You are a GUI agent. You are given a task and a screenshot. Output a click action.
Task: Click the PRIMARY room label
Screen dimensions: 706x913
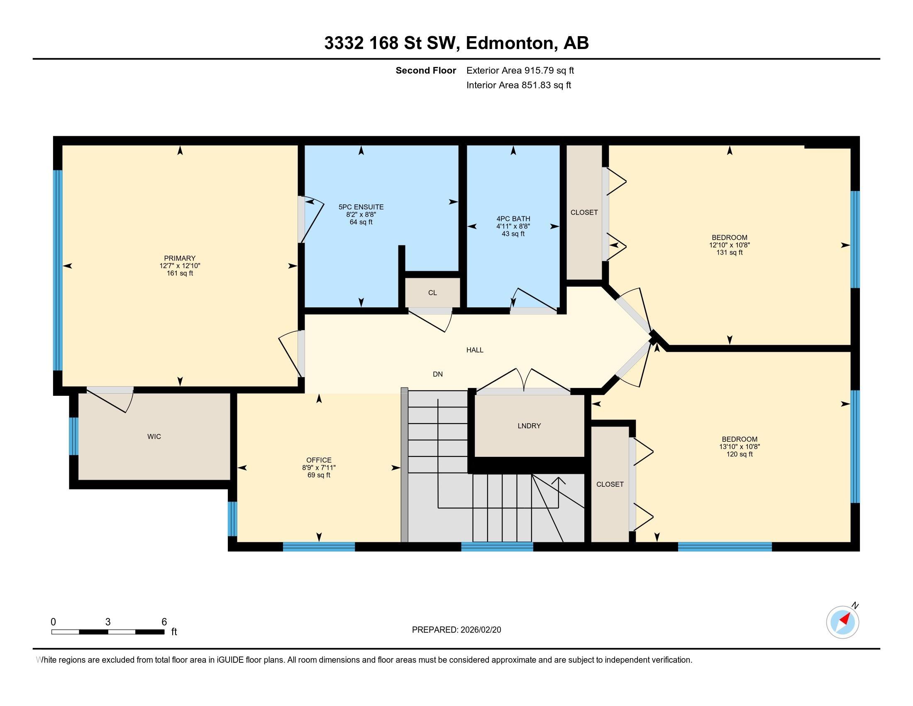[x=180, y=258]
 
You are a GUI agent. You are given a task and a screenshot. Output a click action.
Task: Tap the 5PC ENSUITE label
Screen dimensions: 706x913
[x=361, y=207]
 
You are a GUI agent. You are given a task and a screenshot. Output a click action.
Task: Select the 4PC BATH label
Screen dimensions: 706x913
[x=513, y=219]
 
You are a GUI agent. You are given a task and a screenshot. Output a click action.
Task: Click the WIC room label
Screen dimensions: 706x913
[x=154, y=436]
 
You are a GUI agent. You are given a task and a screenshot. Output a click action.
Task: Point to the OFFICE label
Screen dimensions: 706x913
[x=319, y=460]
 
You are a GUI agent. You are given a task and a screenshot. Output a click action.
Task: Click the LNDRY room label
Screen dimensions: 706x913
[x=529, y=426]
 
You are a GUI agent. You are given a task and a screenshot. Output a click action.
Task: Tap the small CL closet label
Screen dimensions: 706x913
[x=432, y=293]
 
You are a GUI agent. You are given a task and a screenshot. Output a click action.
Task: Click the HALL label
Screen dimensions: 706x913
[x=474, y=350]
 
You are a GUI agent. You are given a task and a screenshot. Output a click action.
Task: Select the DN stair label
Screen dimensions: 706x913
[x=437, y=374]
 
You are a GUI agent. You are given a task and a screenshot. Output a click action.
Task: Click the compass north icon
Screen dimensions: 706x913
[x=842, y=622]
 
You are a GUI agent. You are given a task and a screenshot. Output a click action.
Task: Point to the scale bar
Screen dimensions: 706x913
[x=108, y=632]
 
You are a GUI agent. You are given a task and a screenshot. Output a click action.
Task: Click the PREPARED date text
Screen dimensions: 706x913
[x=456, y=630]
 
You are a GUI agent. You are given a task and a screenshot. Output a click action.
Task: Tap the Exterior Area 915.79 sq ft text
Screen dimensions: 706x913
[x=520, y=70]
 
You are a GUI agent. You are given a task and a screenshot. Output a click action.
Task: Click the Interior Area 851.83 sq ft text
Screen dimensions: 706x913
[x=518, y=85]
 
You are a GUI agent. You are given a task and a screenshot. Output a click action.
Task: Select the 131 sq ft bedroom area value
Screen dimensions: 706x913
[x=730, y=252]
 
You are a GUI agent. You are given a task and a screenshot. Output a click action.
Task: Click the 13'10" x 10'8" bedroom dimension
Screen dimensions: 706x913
[x=739, y=447]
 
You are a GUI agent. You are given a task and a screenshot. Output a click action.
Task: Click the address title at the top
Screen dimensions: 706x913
[x=456, y=43]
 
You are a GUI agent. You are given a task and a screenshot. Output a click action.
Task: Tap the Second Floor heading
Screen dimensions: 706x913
[x=425, y=70]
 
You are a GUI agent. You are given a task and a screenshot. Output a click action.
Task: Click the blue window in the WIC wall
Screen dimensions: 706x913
[x=73, y=436]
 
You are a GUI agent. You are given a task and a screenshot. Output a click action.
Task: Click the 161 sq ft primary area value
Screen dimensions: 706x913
[x=180, y=274]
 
